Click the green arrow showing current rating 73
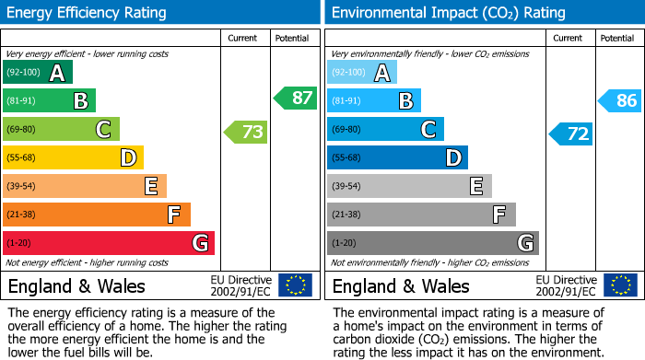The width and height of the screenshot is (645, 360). click(x=246, y=132)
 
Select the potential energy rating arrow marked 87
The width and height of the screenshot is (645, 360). click(x=295, y=98)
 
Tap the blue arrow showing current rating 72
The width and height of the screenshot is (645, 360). click(x=571, y=134)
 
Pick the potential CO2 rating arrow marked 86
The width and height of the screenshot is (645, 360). click(x=620, y=100)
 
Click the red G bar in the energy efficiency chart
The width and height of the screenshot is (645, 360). click(x=108, y=243)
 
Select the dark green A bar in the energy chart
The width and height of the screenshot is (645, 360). click(x=38, y=73)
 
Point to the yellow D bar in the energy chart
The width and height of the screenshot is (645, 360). click(x=73, y=157)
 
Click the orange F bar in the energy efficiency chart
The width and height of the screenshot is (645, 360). click(x=96, y=215)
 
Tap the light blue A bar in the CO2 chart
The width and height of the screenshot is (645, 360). click(x=362, y=73)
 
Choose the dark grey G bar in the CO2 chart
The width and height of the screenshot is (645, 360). click(x=432, y=243)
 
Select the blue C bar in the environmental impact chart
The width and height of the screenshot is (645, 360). click(x=385, y=129)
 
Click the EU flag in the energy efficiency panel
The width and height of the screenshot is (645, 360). click(x=295, y=285)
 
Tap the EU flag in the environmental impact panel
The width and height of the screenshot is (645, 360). click(x=619, y=285)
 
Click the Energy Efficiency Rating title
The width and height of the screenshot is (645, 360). click(x=88, y=13)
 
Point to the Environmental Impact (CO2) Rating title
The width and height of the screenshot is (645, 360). click(x=448, y=13)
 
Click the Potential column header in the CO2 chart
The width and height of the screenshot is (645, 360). click(x=617, y=38)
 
